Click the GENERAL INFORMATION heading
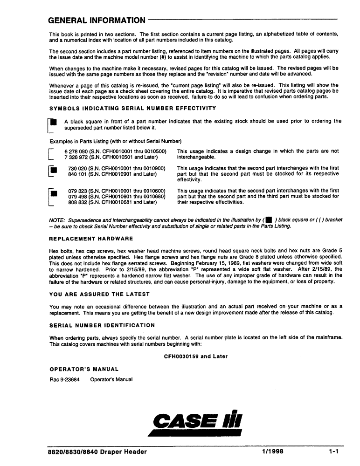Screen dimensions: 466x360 tap(97, 21)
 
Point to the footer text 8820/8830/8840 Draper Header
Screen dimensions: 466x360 tap(97, 452)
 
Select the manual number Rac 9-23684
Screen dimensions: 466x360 tap(64, 379)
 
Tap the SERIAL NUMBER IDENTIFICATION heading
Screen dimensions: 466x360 tap(102, 325)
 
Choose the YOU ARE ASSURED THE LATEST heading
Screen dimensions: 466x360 tap(99, 294)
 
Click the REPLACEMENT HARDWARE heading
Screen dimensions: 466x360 tap(91, 239)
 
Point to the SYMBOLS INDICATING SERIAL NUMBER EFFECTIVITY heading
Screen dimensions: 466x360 tap(132, 109)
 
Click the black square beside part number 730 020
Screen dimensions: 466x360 tap(54, 170)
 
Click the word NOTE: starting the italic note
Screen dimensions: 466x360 tap(57, 220)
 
